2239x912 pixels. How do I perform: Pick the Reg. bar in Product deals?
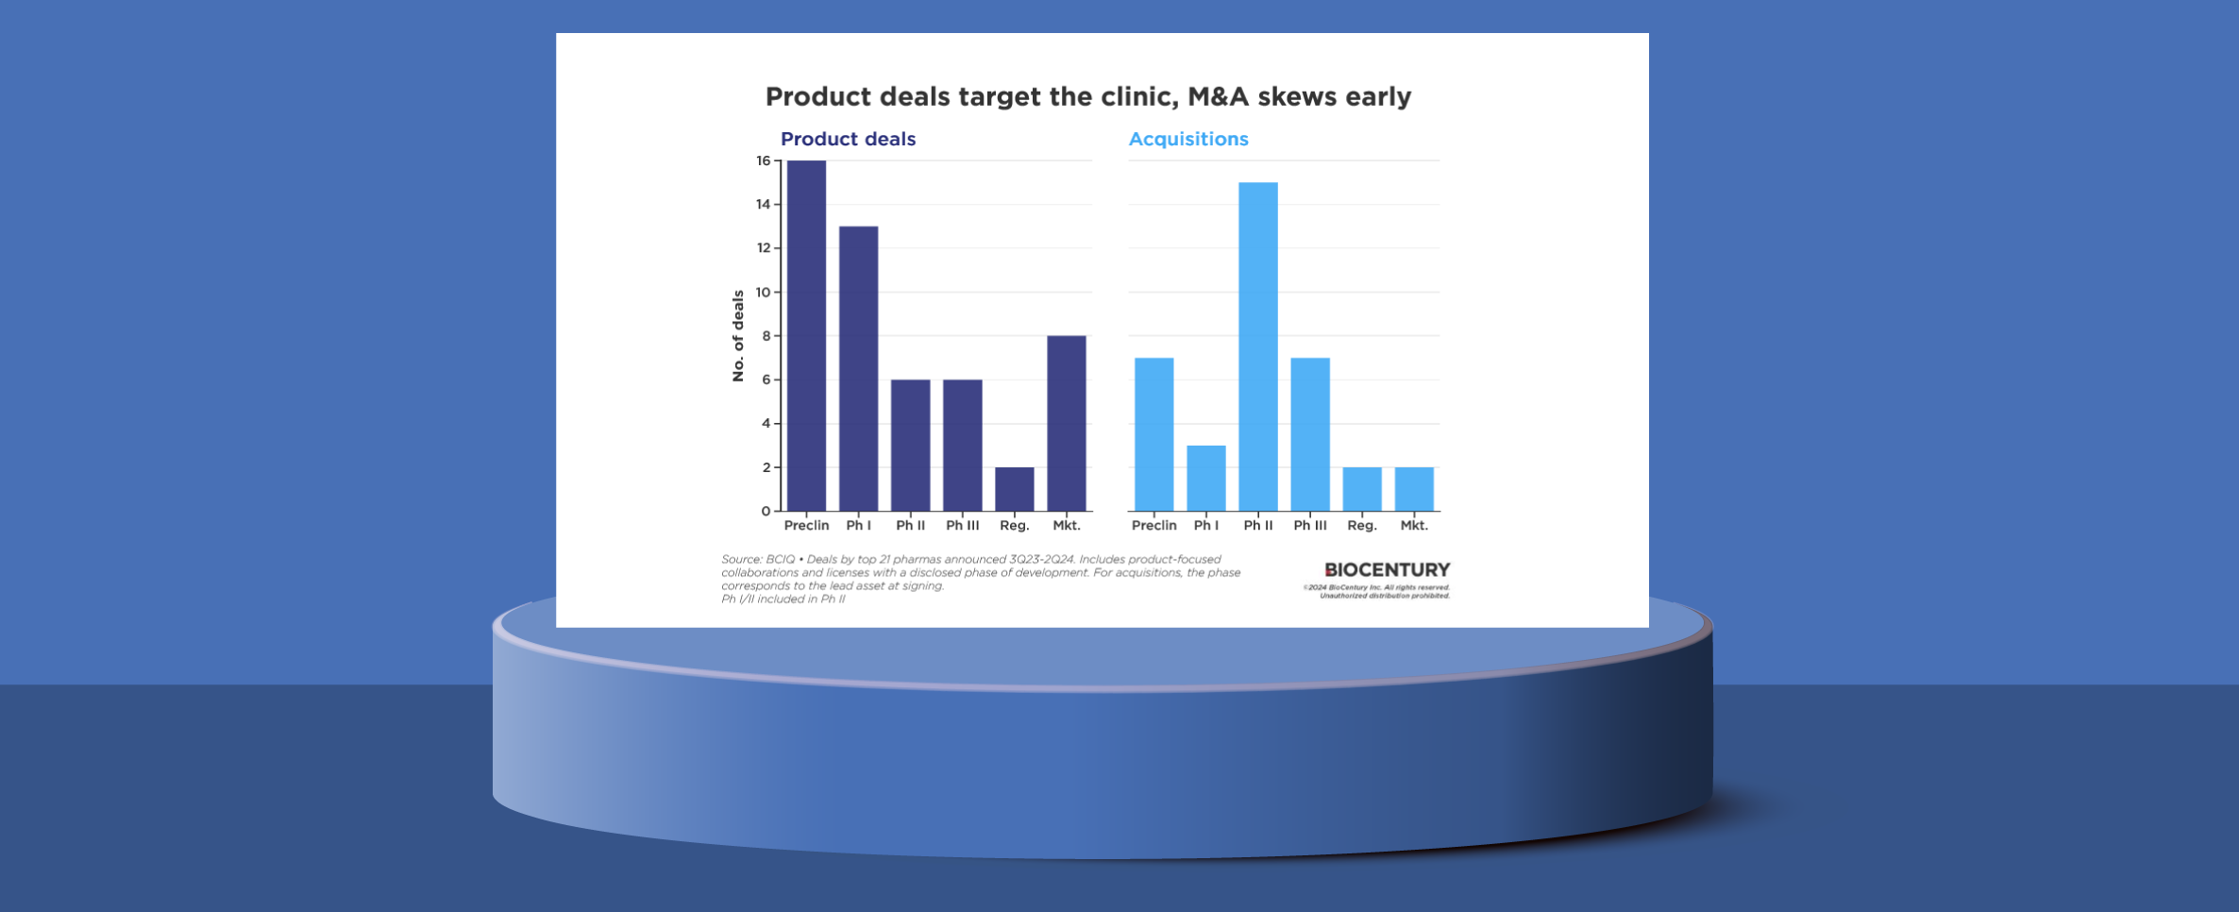1014,489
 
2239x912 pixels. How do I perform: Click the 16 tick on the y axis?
763,161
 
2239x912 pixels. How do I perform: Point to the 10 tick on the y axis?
763,293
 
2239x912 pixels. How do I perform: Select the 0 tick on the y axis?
766,511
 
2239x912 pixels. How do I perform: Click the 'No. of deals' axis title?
738,335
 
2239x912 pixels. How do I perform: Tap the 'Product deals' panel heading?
848,139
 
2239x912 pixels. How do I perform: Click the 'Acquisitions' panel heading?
1187,139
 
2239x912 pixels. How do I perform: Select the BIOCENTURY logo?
1386,570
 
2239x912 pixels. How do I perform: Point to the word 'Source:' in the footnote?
741,559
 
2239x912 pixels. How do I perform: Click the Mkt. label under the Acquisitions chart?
1413,526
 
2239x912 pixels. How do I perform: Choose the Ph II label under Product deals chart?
910,526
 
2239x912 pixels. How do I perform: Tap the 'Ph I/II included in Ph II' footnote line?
783,599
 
